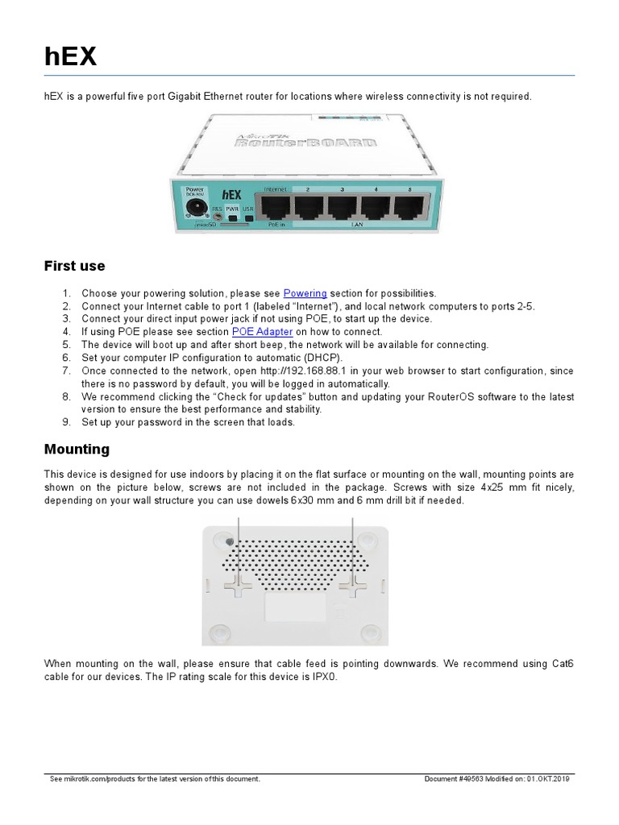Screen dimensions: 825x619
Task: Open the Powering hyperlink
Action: (x=305, y=293)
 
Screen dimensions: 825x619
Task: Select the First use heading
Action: (x=74, y=266)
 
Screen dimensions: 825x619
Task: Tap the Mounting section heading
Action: (x=77, y=449)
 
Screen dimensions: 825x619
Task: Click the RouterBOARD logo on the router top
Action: (x=304, y=143)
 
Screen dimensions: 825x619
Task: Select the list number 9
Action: (x=67, y=422)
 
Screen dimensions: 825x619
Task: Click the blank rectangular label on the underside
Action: (x=297, y=605)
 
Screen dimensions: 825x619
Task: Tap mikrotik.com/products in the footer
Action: (x=101, y=779)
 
